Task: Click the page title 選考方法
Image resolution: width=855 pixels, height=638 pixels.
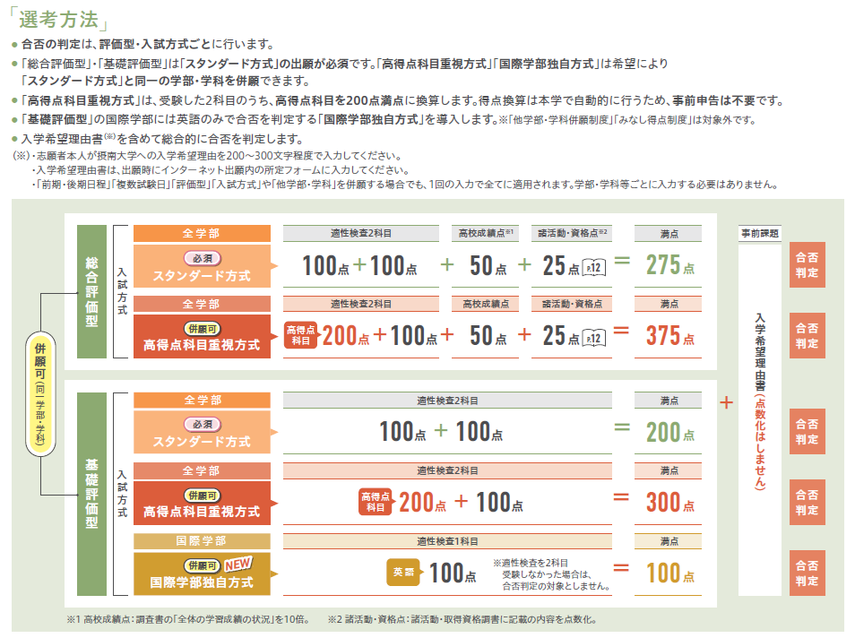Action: (x=59, y=20)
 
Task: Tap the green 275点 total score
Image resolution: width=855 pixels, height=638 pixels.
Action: (x=670, y=265)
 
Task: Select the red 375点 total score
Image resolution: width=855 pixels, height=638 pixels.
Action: (x=670, y=336)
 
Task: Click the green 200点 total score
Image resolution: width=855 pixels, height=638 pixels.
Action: (x=670, y=433)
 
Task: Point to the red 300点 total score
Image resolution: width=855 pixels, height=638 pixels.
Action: (x=670, y=502)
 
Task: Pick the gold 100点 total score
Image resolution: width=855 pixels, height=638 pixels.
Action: (x=670, y=573)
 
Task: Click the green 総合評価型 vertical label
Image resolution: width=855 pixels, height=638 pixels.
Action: (x=91, y=292)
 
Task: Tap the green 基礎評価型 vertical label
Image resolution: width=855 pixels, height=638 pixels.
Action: (x=91, y=494)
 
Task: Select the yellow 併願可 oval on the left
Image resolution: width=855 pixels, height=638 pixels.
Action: (x=40, y=393)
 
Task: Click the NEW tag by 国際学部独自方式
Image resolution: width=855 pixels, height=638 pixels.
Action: (x=237, y=564)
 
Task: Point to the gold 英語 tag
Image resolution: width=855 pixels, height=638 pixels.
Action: (x=403, y=572)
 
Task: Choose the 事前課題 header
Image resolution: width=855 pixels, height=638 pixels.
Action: (x=760, y=233)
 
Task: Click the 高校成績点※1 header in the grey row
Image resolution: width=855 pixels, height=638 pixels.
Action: (x=485, y=233)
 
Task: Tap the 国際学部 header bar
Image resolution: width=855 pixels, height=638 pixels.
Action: (x=202, y=541)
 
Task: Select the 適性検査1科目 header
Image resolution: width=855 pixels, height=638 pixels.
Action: (x=447, y=541)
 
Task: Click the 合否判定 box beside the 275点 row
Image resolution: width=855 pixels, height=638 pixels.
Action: (x=807, y=265)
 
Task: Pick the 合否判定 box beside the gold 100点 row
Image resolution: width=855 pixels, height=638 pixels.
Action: (x=807, y=573)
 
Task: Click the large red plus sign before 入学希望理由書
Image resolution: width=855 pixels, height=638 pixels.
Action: (x=726, y=403)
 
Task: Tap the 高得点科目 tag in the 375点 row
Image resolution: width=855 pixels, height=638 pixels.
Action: (x=300, y=335)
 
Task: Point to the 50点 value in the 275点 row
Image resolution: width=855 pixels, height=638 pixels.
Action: (x=488, y=266)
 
